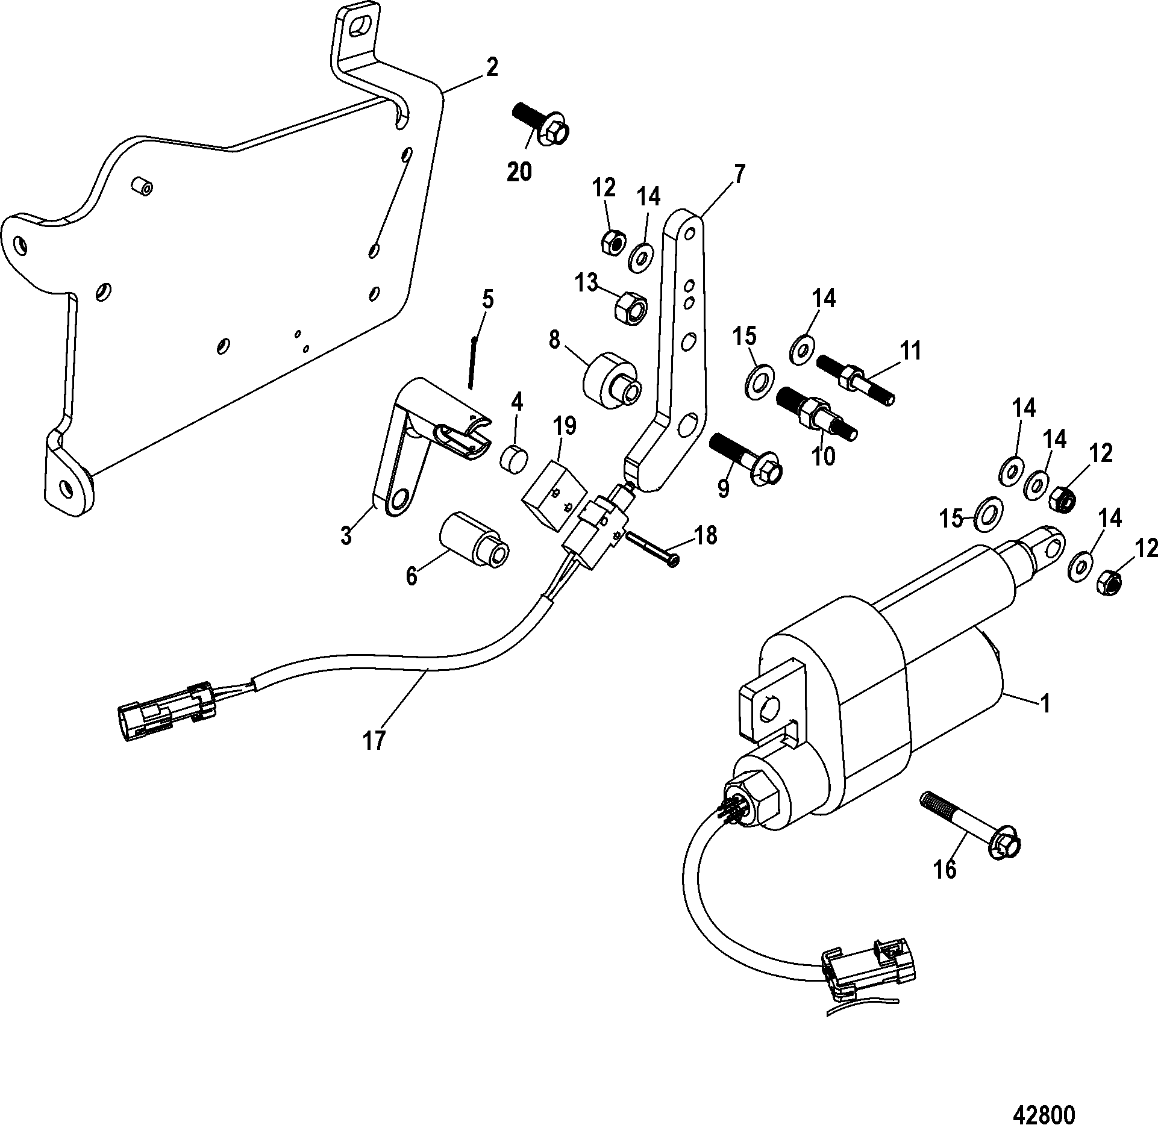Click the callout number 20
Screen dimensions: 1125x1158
[x=519, y=173]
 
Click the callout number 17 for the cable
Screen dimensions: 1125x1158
[x=374, y=740]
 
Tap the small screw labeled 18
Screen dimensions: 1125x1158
[x=654, y=548]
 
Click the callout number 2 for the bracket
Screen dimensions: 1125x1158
[x=492, y=68]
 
